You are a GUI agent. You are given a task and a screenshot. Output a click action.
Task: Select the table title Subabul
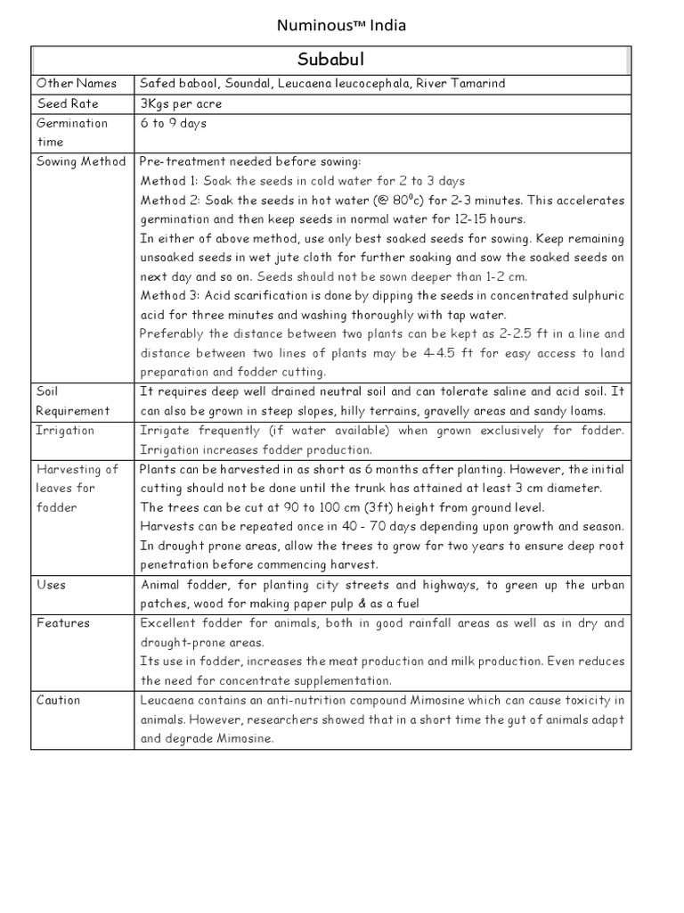coord(330,60)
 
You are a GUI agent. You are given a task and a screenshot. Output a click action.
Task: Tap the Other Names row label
coord(76,84)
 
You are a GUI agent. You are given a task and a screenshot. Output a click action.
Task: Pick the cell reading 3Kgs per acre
coord(181,103)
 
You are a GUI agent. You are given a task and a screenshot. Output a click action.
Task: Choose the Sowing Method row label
coord(81,161)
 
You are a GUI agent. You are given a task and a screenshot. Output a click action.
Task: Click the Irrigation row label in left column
coord(65,430)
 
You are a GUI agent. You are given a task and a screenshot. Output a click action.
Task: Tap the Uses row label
coord(51,585)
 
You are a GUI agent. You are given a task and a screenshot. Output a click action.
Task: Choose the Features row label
coord(62,623)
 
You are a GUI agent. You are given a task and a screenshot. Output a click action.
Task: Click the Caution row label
coord(59,700)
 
